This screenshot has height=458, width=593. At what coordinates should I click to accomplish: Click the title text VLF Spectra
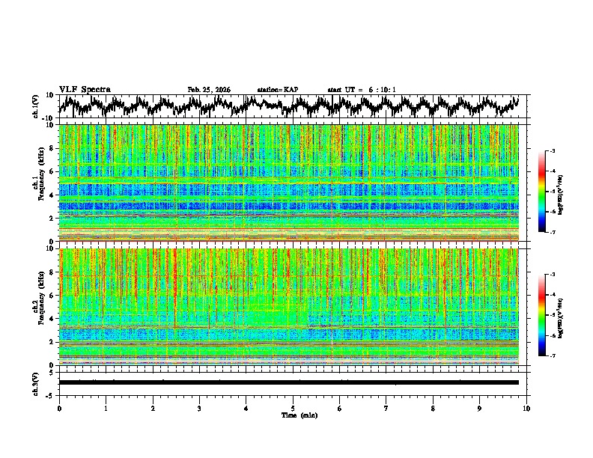tap(85, 89)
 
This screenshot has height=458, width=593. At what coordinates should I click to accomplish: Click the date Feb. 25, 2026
tap(209, 90)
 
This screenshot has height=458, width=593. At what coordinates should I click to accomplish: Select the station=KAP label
tap(277, 90)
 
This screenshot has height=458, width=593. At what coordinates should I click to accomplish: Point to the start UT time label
tap(362, 90)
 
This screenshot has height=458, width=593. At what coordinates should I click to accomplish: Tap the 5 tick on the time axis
tap(293, 408)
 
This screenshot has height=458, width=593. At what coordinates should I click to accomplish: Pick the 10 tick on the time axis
tap(526, 408)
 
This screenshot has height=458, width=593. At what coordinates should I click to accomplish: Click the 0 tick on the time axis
tap(59, 408)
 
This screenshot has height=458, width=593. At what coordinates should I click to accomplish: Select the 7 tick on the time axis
tap(386, 408)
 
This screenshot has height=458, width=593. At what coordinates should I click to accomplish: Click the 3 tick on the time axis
tap(199, 408)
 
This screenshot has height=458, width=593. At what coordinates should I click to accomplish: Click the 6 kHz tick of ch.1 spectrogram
tap(52, 171)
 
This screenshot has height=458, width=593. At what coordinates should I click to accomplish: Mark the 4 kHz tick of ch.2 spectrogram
tap(52, 318)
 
